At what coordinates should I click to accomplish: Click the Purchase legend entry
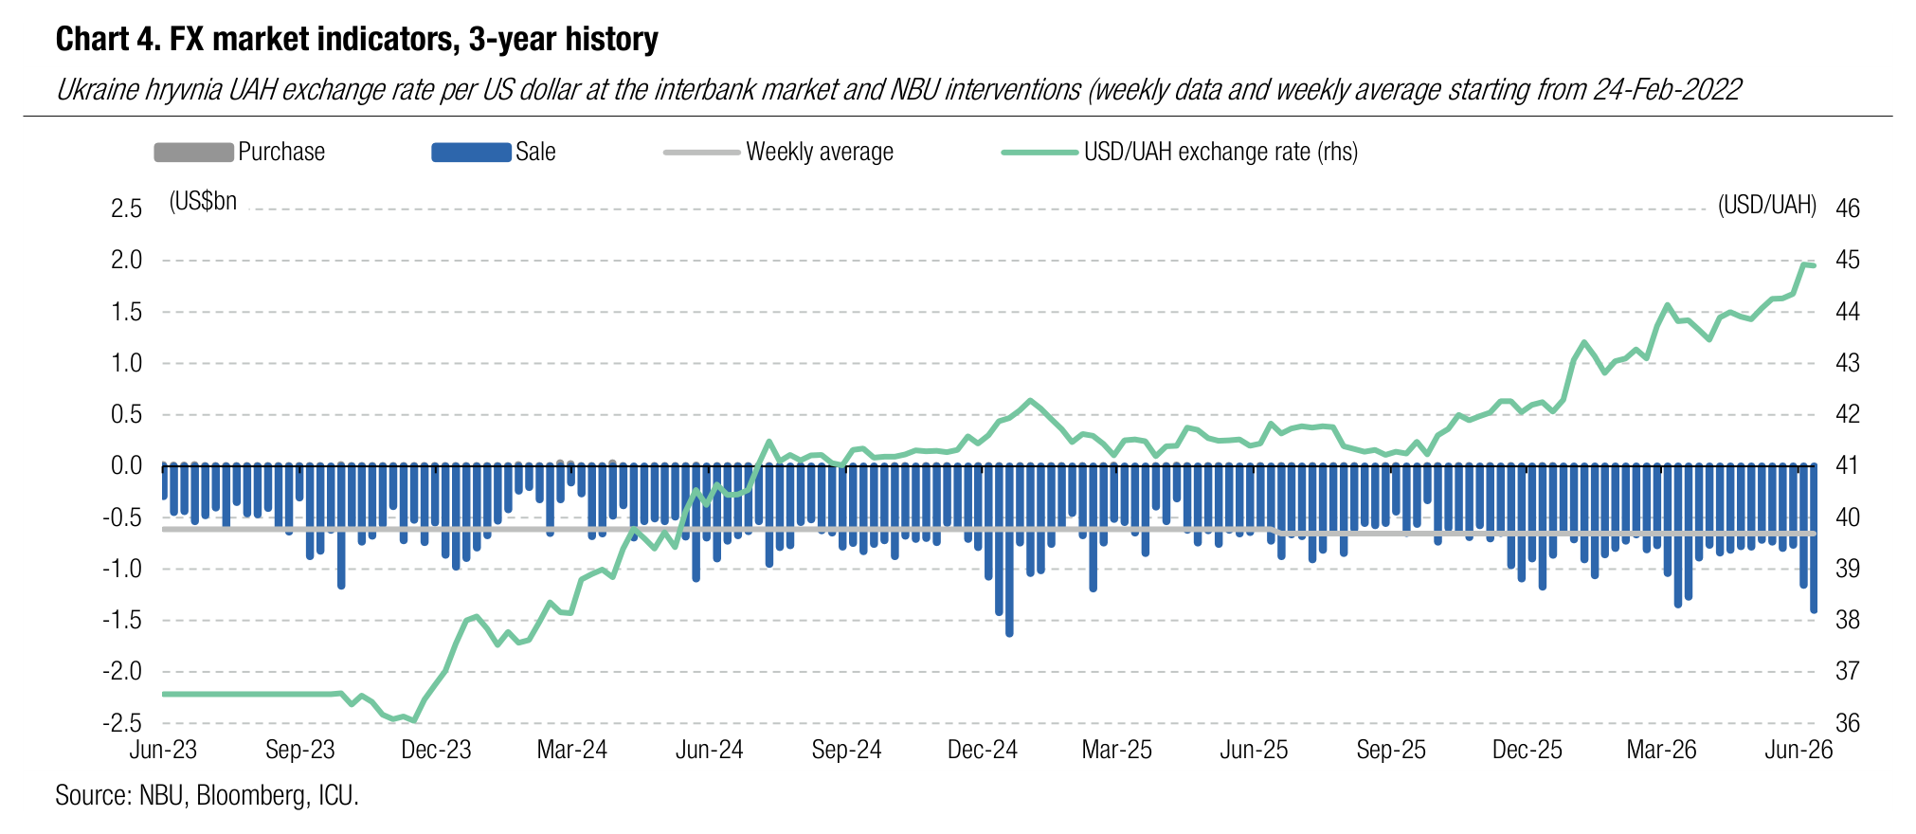tap(240, 152)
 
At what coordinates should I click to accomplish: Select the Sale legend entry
tap(494, 152)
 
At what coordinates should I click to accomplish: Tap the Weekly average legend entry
tap(779, 152)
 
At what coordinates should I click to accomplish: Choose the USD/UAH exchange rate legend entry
tap(1181, 152)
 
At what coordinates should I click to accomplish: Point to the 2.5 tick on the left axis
tap(127, 208)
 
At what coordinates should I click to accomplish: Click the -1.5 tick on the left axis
tap(122, 620)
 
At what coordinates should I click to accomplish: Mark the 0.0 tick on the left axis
tap(127, 465)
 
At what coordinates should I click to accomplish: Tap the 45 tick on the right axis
tap(1848, 260)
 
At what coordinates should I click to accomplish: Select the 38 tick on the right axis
tap(1848, 620)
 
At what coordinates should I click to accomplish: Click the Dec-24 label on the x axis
tap(983, 750)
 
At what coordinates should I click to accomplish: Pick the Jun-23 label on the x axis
tap(163, 750)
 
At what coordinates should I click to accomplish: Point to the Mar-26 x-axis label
tap(1662, 750)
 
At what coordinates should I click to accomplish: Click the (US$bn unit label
tap(203, 201)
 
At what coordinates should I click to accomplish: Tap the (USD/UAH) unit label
tap(1767, 205)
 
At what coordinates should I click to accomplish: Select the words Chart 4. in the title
tap(106, 39)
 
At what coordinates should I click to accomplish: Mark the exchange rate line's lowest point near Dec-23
tap(414, 721)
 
